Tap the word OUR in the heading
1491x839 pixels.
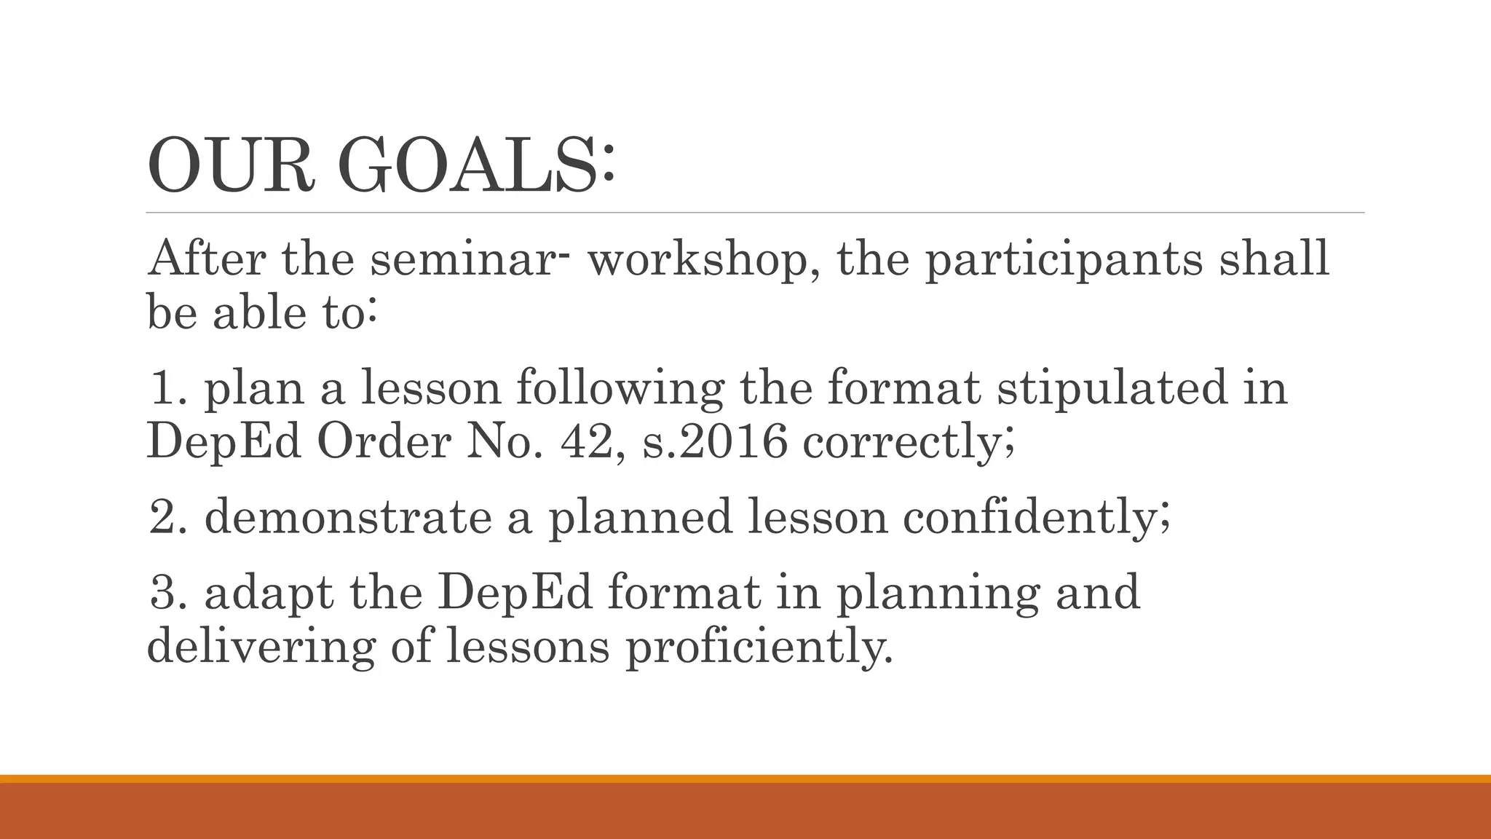[x=232, y=166]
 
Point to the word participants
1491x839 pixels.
[x=1064, y=261]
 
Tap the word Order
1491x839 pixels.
[x=384, y=441]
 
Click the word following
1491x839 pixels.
[x=620, y=389]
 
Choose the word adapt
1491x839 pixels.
[x=269, y=593]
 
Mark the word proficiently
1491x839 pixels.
[x=757, y=647]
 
